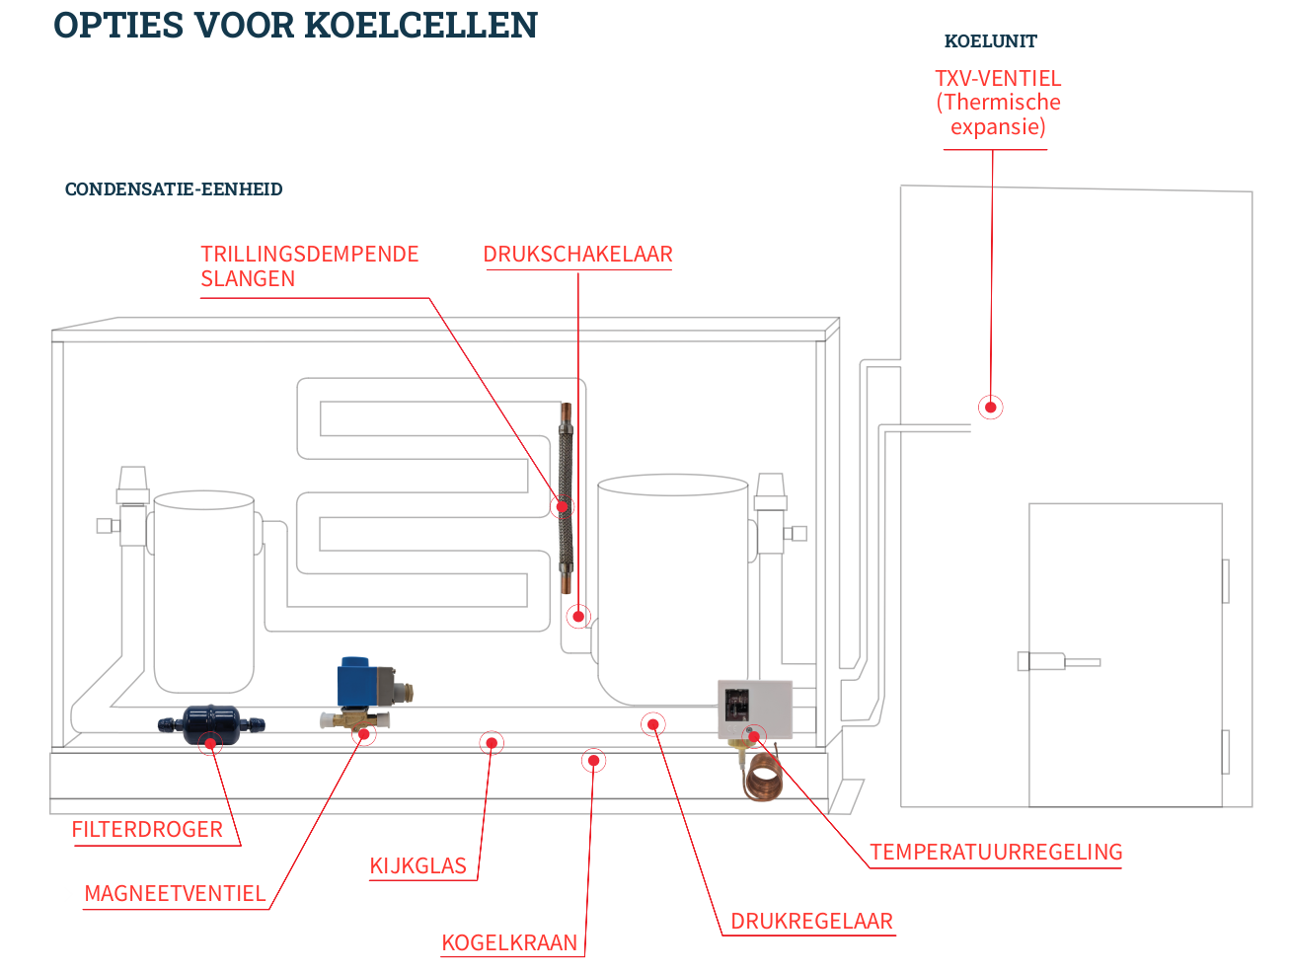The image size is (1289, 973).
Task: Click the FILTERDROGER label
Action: [x=147, y=829]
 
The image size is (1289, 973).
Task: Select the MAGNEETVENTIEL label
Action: [x=175, y=893]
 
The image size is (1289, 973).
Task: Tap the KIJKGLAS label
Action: [x=417, y=865]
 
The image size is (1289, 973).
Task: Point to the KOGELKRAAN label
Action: [x=509, y=942]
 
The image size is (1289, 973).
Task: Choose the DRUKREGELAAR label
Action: [x=811, y=921]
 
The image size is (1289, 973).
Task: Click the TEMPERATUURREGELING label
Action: [x=996, y=852]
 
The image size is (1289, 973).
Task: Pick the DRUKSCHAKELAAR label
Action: [x=577, y=254]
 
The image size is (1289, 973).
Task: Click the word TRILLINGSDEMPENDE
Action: [x=310, y=254]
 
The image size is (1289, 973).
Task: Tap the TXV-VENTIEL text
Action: [x=998, y=78]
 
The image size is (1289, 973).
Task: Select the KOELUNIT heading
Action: [x=990, y=41]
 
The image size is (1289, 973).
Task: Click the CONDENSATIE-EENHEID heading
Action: [x=174, y=189]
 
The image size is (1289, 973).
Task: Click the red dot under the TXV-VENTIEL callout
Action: [x=990, y=407]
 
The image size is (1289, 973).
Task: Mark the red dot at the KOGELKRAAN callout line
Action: [x=593, y=760]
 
